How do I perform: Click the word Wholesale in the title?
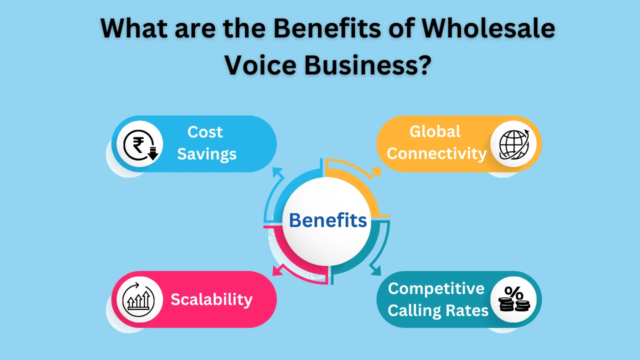[x=488, y=28]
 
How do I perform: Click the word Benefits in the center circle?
[x=328, y=220]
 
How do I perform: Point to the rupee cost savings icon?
[x=139, y=144]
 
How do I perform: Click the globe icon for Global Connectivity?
[x=513, y=144]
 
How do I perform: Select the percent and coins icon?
[x=513, y=299]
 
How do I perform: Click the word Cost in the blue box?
[x=205, y=132]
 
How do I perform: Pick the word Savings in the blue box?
[x=206, y=154]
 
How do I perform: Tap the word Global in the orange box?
[x=435, y=131]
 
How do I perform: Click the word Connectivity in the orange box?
[x=436, y=153]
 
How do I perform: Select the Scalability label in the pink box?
[x=211, y=299]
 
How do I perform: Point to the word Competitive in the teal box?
[x=436, y=288]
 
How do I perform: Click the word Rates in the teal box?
[x=468, y=310]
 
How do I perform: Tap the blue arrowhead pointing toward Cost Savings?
[x=276, y=171]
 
